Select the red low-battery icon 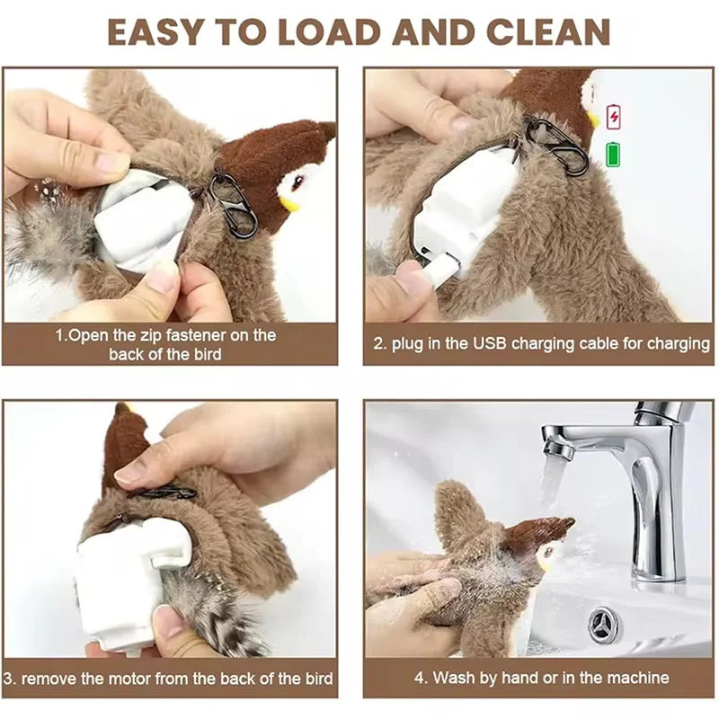pos(614,117)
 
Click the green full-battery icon pos(614,153)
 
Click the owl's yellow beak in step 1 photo pos(289,203)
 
